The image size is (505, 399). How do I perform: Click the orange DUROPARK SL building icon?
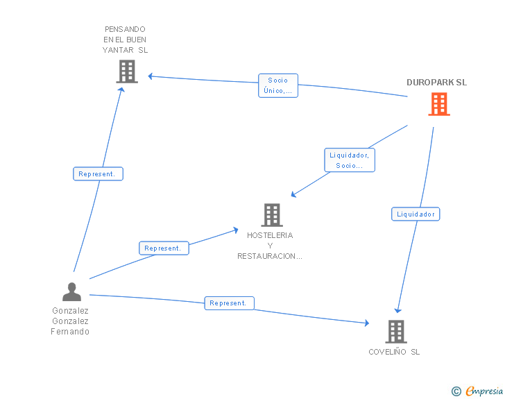pos(438,104)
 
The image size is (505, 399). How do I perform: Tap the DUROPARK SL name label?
pos(436,82)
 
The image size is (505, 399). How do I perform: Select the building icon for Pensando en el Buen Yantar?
pos(126,71)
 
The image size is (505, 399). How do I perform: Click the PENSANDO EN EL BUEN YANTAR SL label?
pos(125,40)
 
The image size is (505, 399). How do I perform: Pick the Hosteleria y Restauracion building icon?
pos(272,215)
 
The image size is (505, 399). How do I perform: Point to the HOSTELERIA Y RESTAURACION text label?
pos(270,246)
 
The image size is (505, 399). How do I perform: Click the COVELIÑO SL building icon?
pos(395,332)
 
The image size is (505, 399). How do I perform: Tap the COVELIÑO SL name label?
pos(394,352)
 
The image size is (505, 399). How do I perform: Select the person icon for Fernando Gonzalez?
pos(71,292)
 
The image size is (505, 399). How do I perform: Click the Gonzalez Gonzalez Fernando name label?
pos(70,321)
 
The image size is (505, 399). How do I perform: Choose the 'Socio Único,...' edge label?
pos(277,85)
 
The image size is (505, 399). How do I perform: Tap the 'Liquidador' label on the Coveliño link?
pos(416,214)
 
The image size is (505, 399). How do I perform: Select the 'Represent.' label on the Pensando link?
pos(98,174)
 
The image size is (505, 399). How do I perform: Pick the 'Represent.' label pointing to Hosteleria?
pos(164,248)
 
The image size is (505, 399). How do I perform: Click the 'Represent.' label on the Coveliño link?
pos(229,303)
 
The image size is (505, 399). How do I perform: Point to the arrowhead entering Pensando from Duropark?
pos(151,76)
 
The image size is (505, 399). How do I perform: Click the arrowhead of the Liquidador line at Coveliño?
pos(397,310)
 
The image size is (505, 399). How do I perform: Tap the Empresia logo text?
pos(483,391)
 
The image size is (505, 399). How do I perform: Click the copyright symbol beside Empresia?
pos(456,392)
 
